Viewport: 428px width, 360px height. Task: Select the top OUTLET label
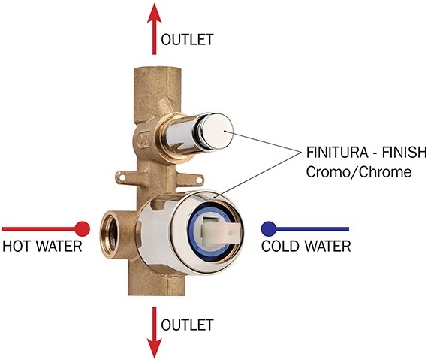[187, 40]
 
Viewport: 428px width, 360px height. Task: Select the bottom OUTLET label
[187, 325]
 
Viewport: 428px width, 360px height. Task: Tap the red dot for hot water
[83, 229]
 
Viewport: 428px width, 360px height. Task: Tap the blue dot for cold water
[269, 229]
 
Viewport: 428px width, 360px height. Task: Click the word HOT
[16, 246]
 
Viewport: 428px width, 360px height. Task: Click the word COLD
[280, 246]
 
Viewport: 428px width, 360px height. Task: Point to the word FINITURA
[336, 153]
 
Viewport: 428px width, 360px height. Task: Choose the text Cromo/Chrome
[359, 172]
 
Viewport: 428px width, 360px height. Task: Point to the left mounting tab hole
[122, 178]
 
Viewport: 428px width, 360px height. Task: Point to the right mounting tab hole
[200, 180]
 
